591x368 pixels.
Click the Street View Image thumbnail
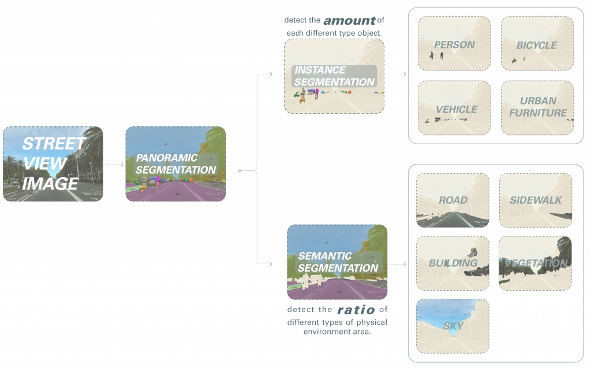point(53,164)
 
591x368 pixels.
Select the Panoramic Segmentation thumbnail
point(175,164)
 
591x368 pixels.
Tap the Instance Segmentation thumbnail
point(334,76)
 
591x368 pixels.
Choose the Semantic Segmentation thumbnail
point(337,262)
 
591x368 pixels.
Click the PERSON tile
point(454,43)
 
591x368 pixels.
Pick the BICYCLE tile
point(537,43)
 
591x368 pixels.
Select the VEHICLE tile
point(454,107)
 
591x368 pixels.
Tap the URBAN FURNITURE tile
point(537,107)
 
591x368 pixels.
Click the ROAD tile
point(452,200)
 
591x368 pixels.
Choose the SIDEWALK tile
point(535,200)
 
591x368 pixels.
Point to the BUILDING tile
point(452,263)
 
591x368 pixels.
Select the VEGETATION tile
point(535,263)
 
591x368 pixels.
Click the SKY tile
point(452,325)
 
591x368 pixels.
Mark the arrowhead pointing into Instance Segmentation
point(272,74)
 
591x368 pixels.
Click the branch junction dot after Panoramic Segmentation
point(240,171)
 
